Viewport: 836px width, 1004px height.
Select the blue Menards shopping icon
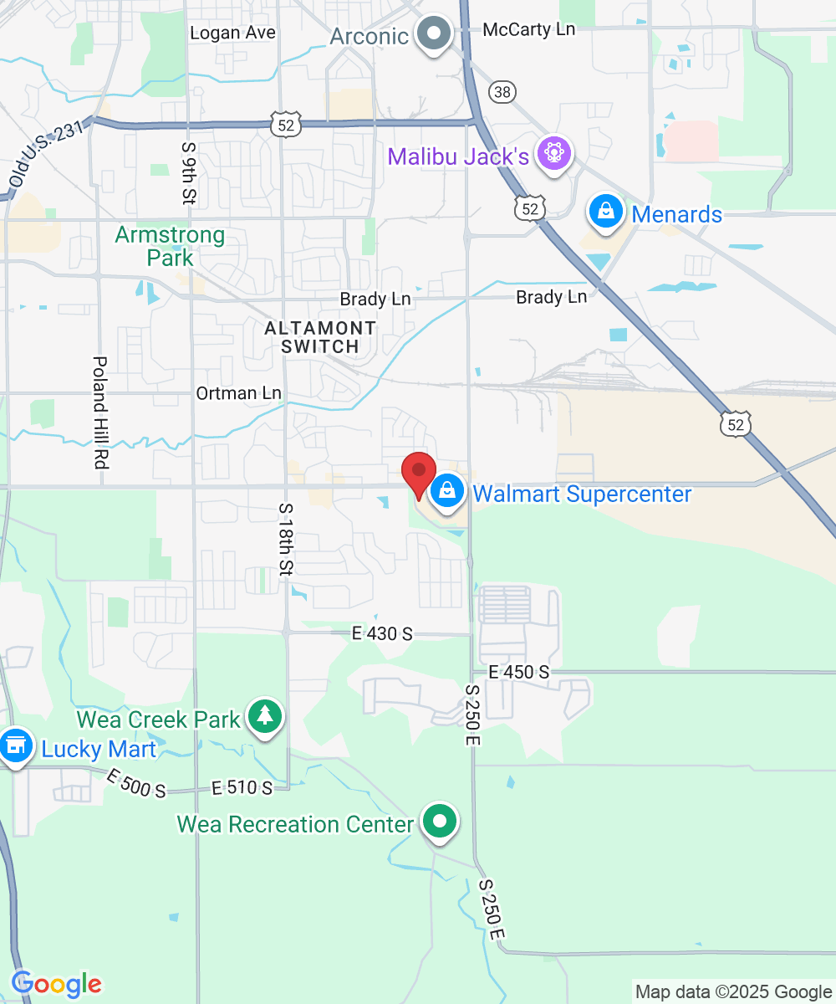(606, 213)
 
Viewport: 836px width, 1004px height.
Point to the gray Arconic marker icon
(434, 35)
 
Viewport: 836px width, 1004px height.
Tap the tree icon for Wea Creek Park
(265, 716)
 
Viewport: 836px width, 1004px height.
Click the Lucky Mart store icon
(15, 746)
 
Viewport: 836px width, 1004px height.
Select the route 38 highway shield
(504, 92)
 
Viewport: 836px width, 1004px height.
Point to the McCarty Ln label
(529, 29)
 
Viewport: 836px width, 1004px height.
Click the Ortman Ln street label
(238, 393)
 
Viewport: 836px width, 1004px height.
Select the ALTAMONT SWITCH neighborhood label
(320, 336)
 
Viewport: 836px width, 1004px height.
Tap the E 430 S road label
(382, 633)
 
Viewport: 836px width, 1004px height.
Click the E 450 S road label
(519, 672)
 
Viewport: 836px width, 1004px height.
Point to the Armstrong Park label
(170, 246)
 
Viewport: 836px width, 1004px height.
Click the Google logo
(56, 984)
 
